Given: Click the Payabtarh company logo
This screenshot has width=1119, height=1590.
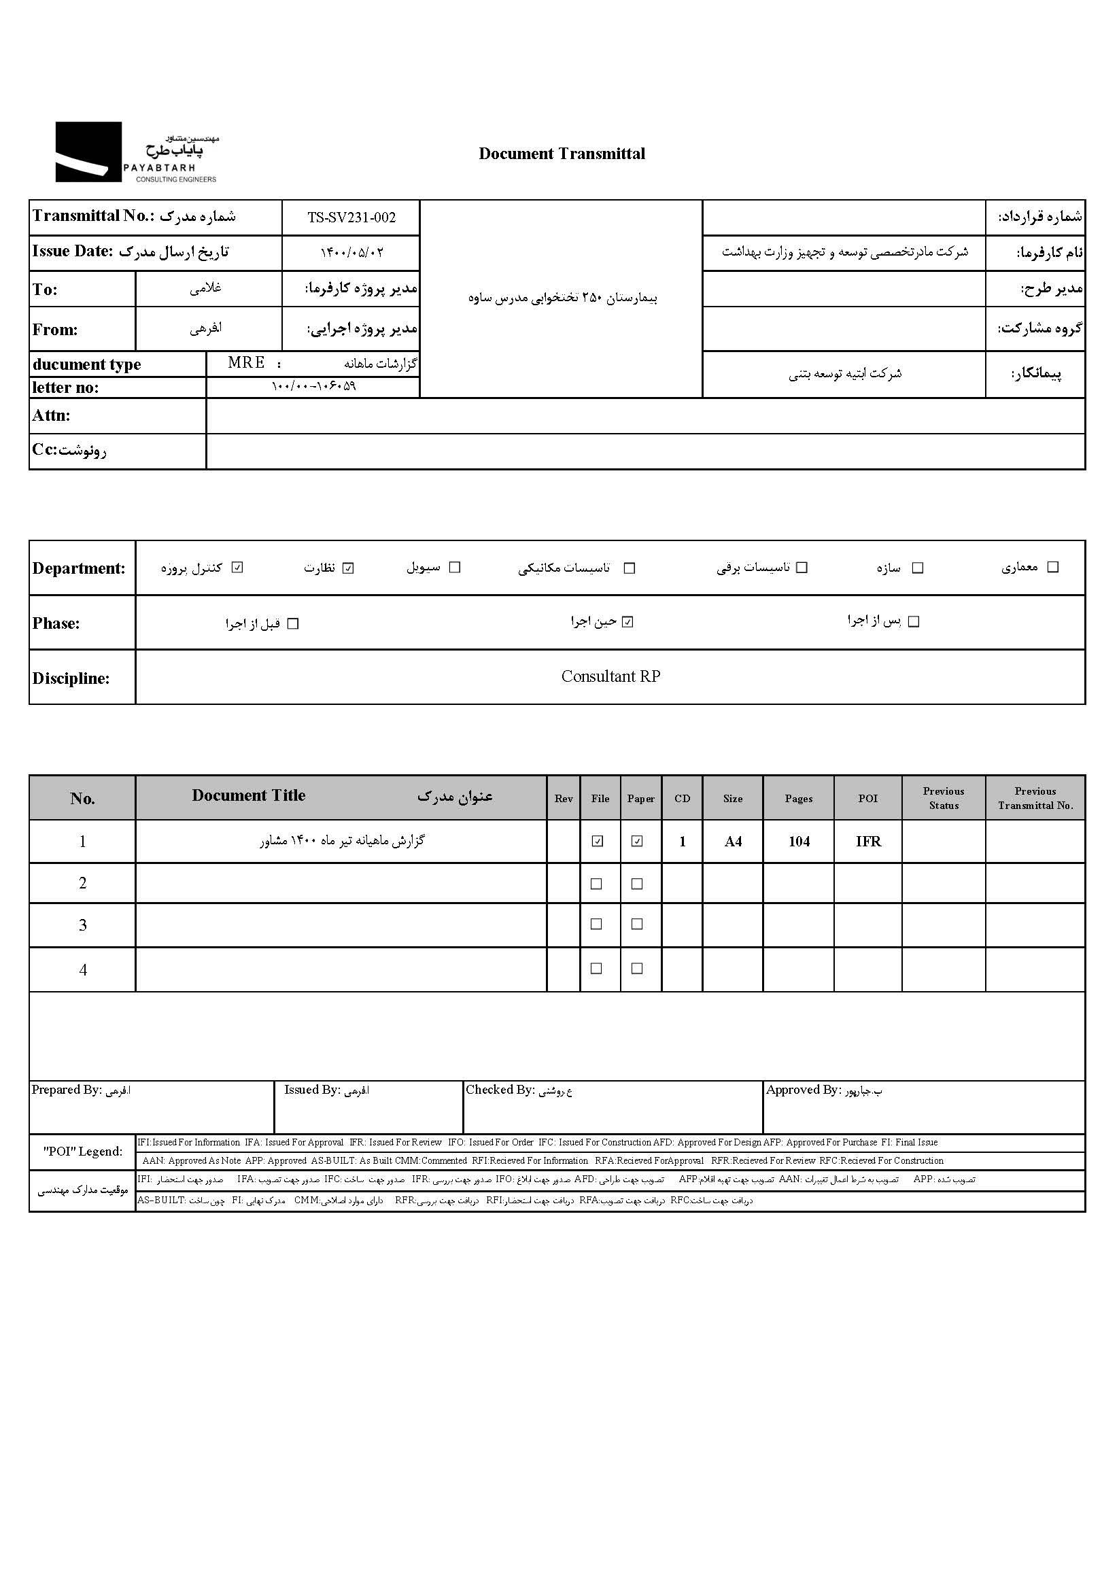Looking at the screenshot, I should point(136,152).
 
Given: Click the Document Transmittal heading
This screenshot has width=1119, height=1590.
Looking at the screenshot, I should point(562,154).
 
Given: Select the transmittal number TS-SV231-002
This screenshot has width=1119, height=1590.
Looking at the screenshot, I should point(351,218).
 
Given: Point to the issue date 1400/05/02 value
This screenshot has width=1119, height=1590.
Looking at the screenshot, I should point(351,253).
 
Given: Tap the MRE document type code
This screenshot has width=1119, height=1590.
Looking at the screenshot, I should point(246,363).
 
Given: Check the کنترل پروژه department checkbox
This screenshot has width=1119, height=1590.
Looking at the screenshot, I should point(237,568).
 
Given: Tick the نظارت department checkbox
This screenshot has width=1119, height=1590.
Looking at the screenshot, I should point(348,568).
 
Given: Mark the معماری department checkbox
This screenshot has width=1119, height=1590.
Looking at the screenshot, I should point(1052,567).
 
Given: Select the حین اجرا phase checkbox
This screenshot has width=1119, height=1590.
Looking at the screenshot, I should point(627,622).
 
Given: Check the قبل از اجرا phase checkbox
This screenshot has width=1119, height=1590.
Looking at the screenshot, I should point(293,624).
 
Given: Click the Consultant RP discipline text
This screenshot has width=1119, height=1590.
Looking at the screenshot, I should point(610,676).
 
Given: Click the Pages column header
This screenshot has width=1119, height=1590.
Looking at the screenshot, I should point(798,799).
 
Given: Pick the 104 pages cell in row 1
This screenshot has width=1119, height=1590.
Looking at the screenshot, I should point(798,842).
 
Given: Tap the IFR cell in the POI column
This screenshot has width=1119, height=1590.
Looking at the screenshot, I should point(867,842).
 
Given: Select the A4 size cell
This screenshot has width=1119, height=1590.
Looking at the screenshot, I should point(733,842).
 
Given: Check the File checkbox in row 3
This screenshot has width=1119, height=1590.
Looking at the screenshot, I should point(596,924).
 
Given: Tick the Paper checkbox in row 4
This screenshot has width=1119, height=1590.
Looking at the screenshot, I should point(637,969).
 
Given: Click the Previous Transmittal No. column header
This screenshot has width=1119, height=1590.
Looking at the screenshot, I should point(1035,799).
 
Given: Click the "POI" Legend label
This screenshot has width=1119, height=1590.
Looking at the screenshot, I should point(82,1152).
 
